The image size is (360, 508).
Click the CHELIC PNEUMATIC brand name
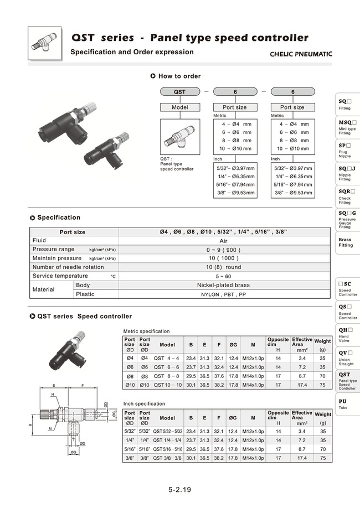tap(301, 54)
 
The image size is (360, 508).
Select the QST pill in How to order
tap(180, 92)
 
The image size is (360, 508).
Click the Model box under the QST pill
tap(180, 107)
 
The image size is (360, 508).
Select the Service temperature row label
tap(60, 276)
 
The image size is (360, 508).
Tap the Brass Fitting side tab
tap(346, 242)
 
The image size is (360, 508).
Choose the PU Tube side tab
tap(346, 403)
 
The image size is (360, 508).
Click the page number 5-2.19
tap(180, 490)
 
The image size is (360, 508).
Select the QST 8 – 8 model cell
tap(167, 375)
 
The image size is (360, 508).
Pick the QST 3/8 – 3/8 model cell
tap(167, 458)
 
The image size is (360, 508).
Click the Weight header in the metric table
tap(322, 344)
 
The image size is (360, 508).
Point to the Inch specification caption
tap(144, 403)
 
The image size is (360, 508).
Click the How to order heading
tap(179, 76)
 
